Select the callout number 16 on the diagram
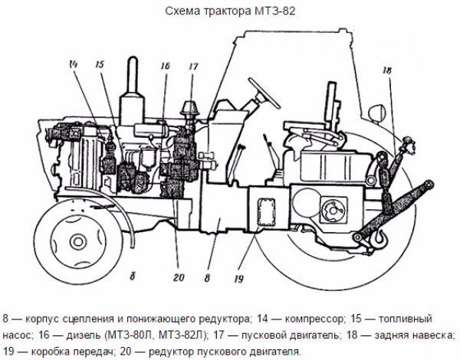click(x=164, y=67)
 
